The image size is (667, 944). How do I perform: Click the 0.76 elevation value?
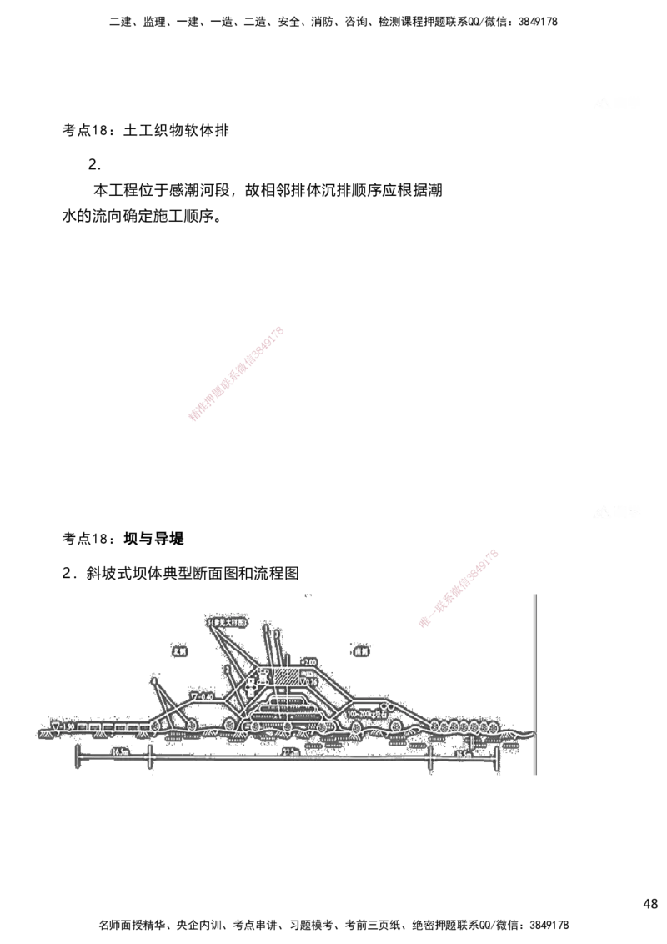(x=313, y=681)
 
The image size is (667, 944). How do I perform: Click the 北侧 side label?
(x=178, y=652)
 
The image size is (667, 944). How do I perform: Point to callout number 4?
(x=154, y=681)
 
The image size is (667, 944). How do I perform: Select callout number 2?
(x=228, y=669)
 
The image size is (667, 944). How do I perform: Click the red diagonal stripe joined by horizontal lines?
(x=459, y=587)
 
